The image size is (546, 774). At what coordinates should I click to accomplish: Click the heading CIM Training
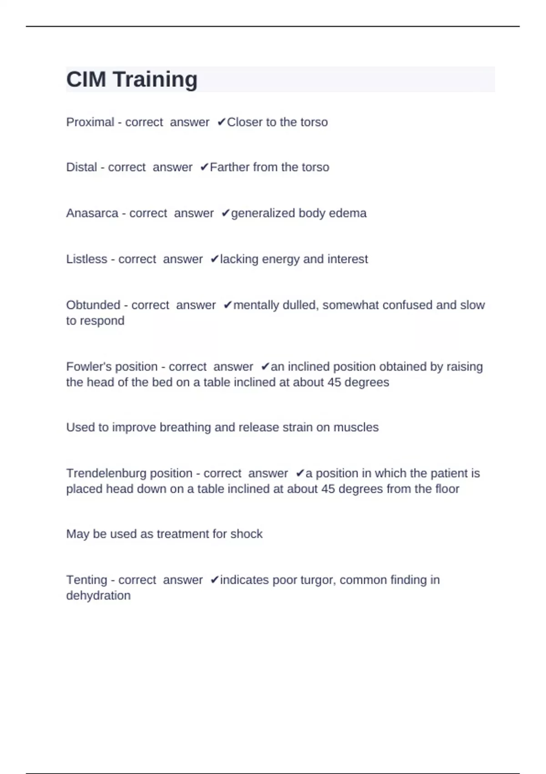pos(132,79)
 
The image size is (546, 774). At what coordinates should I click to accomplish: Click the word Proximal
pos(90,122)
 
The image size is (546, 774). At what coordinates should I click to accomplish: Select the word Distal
pos(81,167)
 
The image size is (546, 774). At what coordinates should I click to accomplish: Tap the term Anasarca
pos(92,213)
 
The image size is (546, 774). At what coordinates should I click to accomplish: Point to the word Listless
pos(86,259)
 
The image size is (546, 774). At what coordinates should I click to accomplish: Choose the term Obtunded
pos(93,305)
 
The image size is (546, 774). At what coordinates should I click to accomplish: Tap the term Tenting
pos(86,580)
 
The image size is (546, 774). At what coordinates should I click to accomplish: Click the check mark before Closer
pos(222,122)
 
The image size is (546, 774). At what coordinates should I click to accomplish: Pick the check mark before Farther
pos(204,167)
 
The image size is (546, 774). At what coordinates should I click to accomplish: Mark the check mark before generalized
pos(226,213)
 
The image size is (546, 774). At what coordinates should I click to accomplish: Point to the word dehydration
pos(98,596)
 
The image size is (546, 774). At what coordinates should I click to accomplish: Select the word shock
pos(247,534)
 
